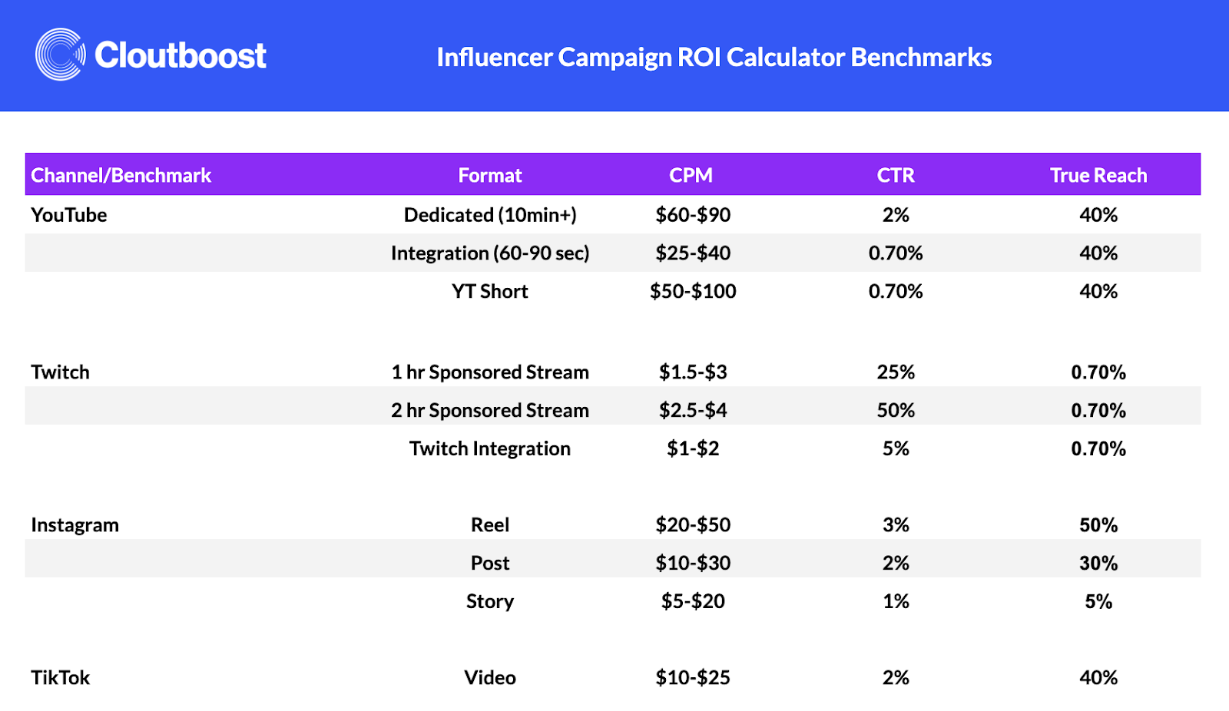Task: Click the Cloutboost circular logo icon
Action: [x=60, y=55]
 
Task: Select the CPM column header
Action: [x=691, y=175]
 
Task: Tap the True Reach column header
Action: [x=1098, y=175]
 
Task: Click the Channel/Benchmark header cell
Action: [x=121, y=175]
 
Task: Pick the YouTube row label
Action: [x=69, y=215]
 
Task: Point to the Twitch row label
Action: [x=61, y=372]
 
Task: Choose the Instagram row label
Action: [x=75, y=525]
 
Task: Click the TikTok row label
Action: [x=61, y=678]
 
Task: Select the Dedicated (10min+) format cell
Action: [x=490, y=215]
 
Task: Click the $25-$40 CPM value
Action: [x=693, y=253]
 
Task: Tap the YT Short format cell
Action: [x=490, y=292]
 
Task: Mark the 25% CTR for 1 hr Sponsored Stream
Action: [x=896, y=372]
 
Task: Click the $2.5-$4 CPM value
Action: [x=693, y=411]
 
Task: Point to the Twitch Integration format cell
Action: [x=490, y=449]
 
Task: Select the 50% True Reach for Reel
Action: [x=1098, y=525]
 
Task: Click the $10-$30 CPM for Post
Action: [x=693, y=564]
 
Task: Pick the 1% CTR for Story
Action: [x=896, y=601]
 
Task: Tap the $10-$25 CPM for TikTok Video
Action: [x=693, y=678]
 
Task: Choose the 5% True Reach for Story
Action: [x=1098, y=601]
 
